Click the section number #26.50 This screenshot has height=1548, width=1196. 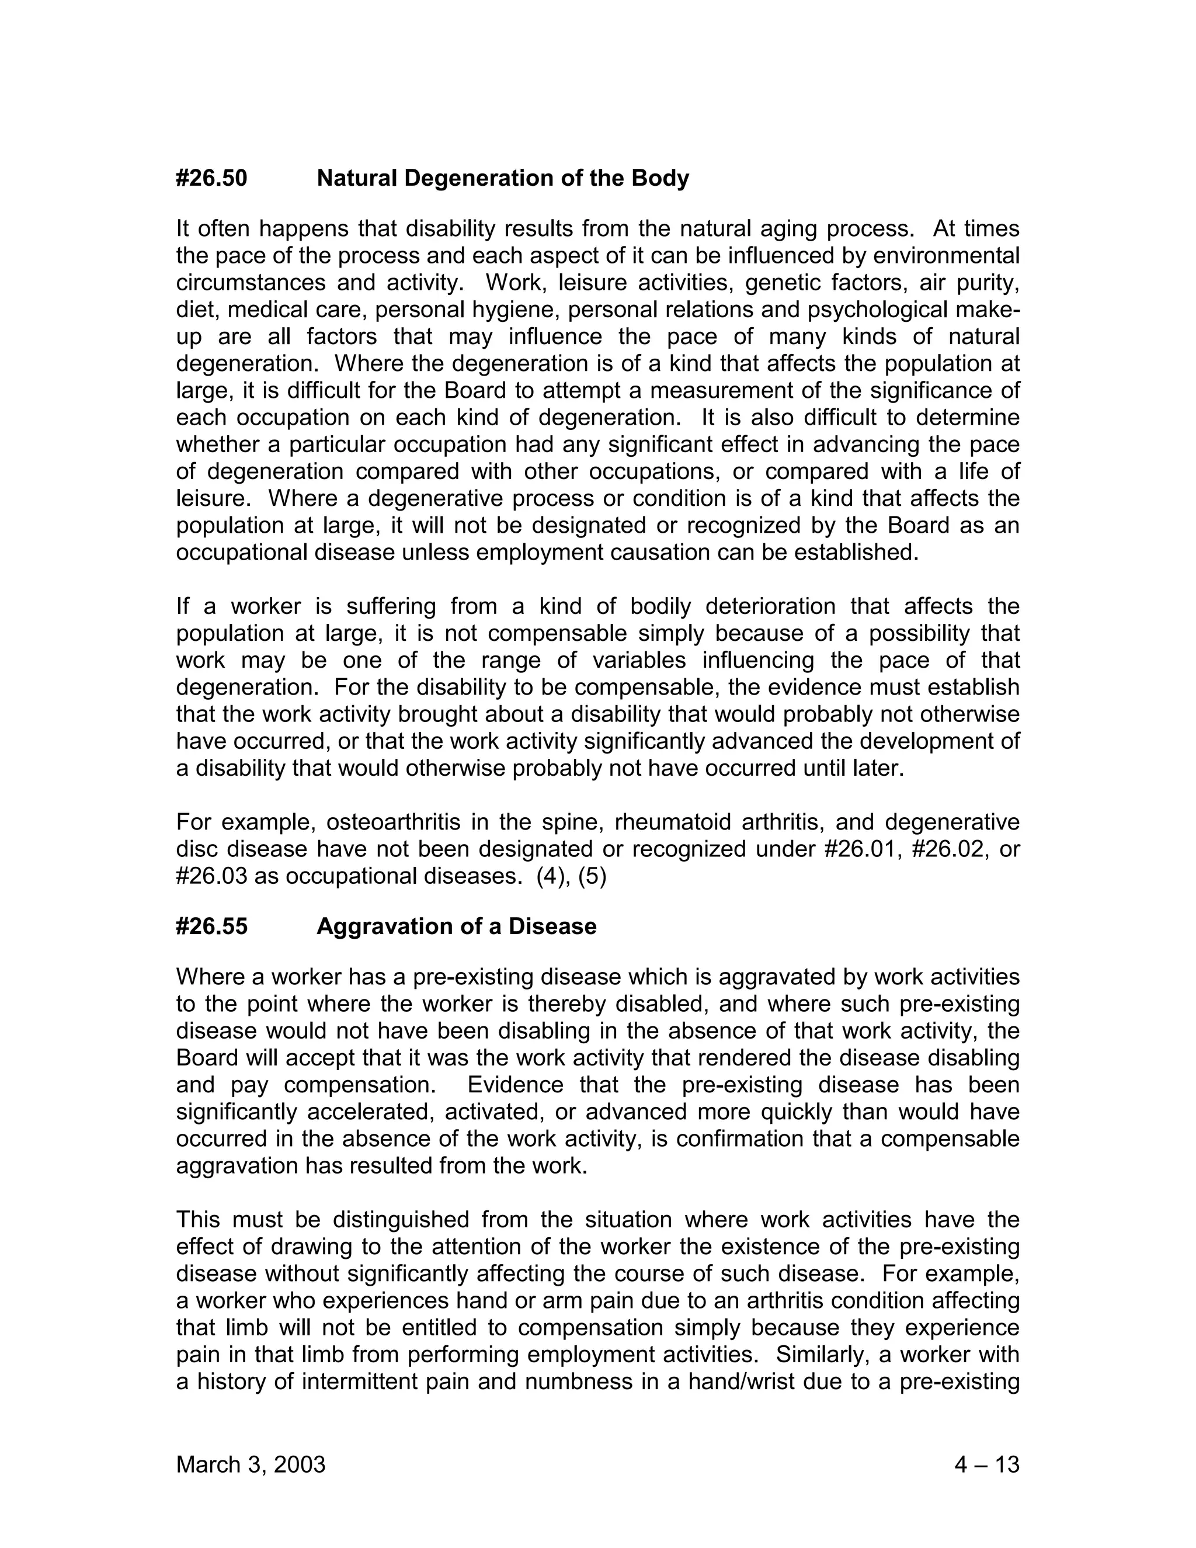[211, 178]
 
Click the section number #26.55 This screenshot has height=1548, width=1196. [211, 926]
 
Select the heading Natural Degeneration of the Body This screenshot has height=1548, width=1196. [502, 178]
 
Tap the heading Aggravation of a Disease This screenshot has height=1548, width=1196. [456, 926]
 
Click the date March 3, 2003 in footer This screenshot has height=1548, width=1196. [250, 1464]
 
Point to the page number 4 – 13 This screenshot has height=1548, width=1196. [986, 1464]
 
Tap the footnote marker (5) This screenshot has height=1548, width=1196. [592, 876]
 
